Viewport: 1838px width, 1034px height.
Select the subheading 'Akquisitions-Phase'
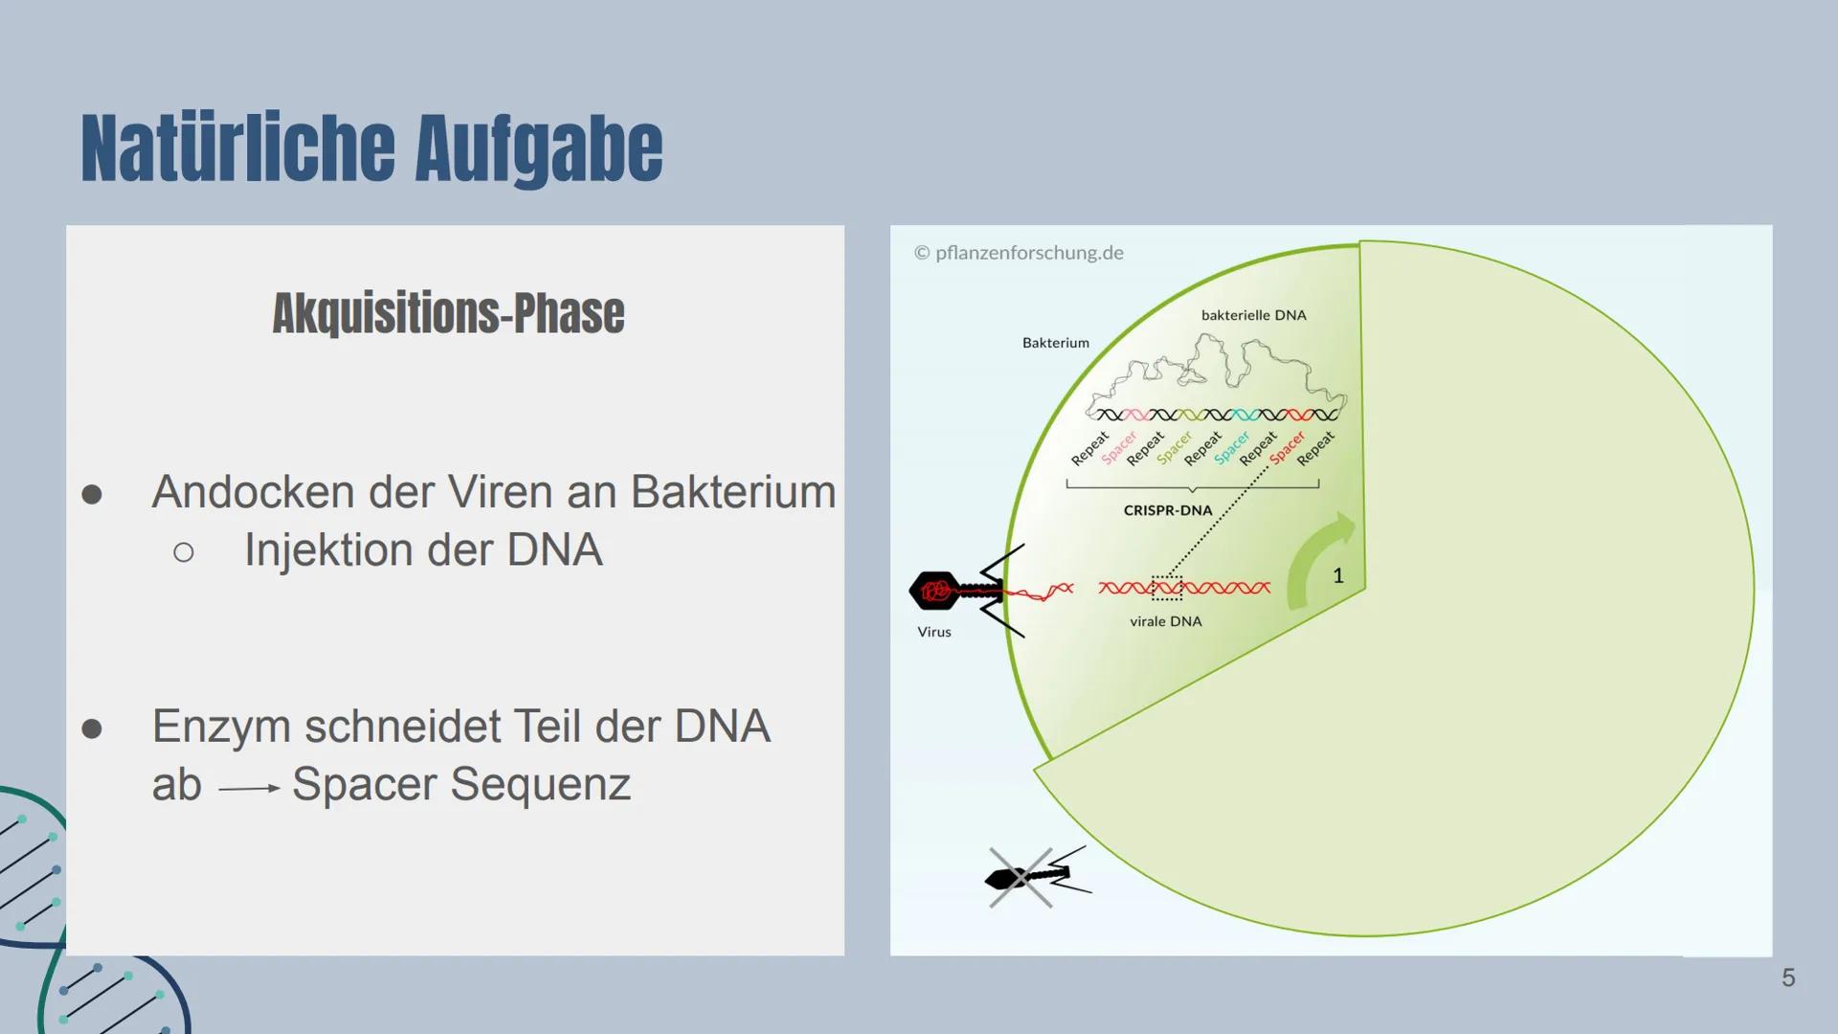click(x=448, y=313)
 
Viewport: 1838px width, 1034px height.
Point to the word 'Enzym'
click(x=221, y=727)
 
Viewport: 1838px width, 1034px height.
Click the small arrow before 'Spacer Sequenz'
click(x=248, y=788)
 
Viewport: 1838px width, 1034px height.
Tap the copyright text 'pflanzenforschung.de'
click(x=1028, y=253)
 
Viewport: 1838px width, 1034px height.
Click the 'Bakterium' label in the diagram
click(x=1055, y=343)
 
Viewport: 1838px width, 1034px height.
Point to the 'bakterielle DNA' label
click(x=1253, y=315)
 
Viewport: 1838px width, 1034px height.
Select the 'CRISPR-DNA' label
click(x=1167, y=510)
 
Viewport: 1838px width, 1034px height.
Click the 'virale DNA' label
click(x=1165, y=621)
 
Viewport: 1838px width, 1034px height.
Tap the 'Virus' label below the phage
click(x=933, y=632)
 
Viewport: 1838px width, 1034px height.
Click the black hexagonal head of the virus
click(x=934, y=591)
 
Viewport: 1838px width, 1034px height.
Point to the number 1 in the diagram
click(x=1338, y=575)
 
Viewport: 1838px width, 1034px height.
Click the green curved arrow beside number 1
click(x=1311, y=565)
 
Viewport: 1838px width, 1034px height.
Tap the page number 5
click(x=1787, y=978)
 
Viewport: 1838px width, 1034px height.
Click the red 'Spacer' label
click(x=1287, y=448)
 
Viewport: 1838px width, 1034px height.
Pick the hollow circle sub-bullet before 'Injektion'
click(x=184, y=552)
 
